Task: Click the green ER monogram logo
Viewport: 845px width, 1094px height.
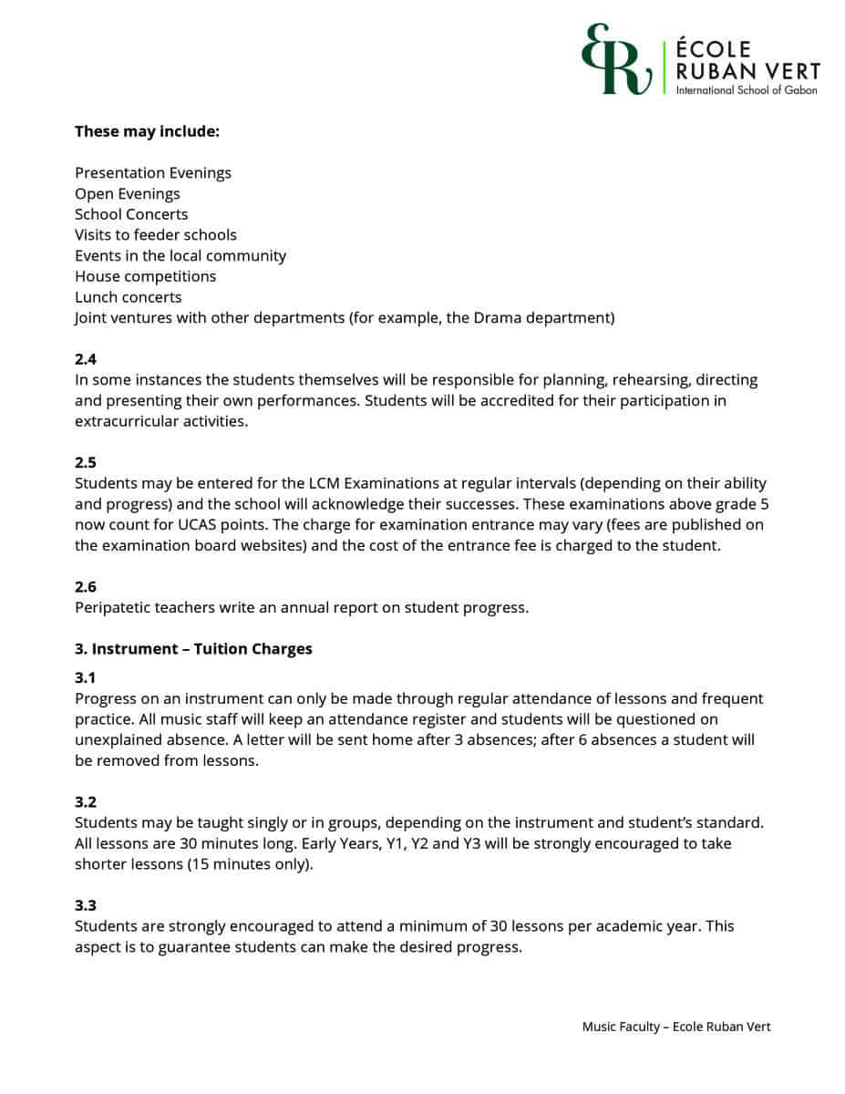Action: pyautogui.click(x=616, y=61)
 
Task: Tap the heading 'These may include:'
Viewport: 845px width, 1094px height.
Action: pyautogui.click(x=147, y=131)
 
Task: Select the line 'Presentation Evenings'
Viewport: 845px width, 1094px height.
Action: pyautogui.click(x=153, y=173)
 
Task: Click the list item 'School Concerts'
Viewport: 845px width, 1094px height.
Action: pyautogui.click(x=131, y=214)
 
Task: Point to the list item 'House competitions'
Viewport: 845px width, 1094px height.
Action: pyautogui.click(x=146, y=276)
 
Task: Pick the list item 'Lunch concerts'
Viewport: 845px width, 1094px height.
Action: pyautogui.click(x=129, y=297)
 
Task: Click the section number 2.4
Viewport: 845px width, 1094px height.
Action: pyautogui.click(x=86, y=359)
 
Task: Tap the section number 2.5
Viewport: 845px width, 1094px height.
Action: pyautogui.click(x=86, y=462)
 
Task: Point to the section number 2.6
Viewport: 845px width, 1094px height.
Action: pyautogui.click(x=86, y=587)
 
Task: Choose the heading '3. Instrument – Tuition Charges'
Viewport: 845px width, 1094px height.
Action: pyautogui.click(x=193, y=649)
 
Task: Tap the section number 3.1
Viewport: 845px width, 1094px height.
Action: pyautogui.click(x=86, y=678)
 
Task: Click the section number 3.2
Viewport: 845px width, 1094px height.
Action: pyautogui.click(x=86, y=802)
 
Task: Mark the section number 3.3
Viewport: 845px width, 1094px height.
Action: pyautogui.click(x=86, y=905)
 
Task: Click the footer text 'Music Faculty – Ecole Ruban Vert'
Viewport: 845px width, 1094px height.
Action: pyautogui.click(x=676, y=1027)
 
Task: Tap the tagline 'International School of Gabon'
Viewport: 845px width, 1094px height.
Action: pyautogui.click(x=747, y=90)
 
